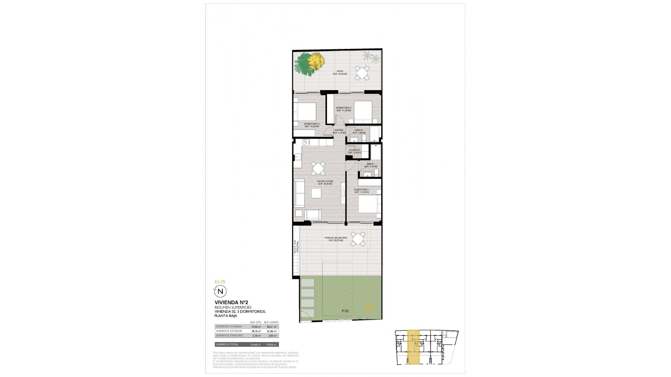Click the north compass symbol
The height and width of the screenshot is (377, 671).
[220, 291]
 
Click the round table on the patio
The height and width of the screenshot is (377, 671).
[362, 73]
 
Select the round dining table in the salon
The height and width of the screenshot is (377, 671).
[74, 169]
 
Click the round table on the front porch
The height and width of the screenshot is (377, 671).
[358, 239]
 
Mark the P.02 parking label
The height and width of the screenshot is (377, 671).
[345, 311]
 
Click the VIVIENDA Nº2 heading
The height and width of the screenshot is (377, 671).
[231, 302]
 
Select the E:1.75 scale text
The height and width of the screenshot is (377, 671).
[220, 281]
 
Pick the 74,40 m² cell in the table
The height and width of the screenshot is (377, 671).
[256, 327]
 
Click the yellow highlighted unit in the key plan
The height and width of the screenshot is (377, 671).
[414, 347]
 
